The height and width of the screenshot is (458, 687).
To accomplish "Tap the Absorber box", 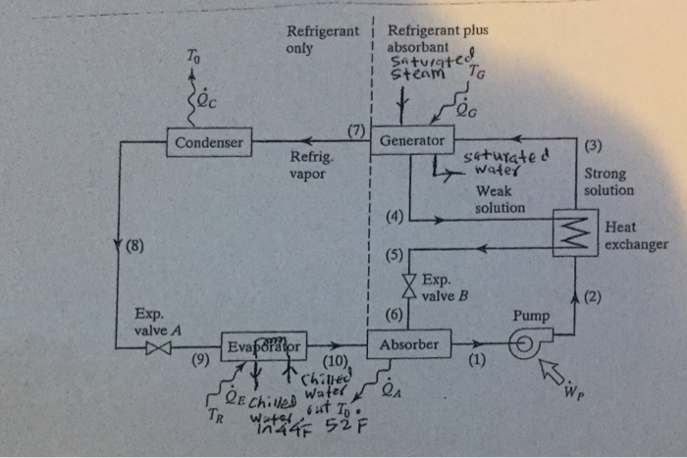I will coord(408,344).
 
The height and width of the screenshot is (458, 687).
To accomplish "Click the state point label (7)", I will coord(356,129).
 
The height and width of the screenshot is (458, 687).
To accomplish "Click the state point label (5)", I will coord(394,257).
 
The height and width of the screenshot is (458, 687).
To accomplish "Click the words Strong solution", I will coord(608,181).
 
